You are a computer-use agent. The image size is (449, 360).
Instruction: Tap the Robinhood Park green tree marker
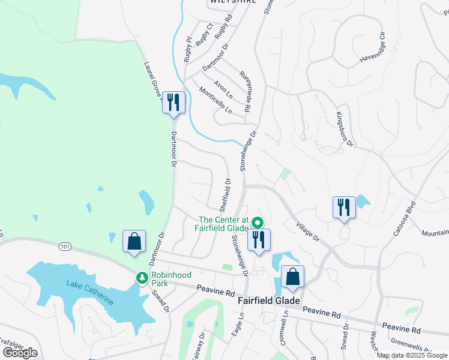(142, 278)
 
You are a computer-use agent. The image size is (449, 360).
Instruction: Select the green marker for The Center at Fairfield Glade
(258, 221)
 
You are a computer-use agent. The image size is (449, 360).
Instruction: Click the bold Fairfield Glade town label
(268, 301)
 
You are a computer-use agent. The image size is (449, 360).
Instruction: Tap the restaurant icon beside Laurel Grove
(173, 102)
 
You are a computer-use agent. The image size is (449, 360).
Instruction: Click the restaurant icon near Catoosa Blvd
(344, 208)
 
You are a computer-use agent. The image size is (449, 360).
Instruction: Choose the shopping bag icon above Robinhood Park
(134, 241)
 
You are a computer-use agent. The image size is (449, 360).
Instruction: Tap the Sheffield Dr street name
(224, 194)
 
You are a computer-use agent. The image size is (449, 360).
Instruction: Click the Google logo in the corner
(20, 353)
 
